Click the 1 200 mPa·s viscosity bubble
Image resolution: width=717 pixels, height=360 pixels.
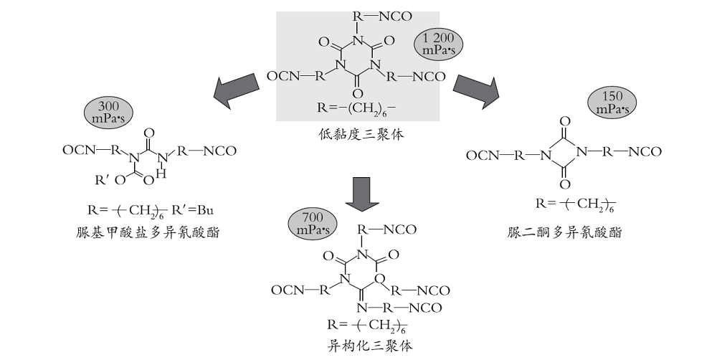coord(438,45)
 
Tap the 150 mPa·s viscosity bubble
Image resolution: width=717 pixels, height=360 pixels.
coord(612,103)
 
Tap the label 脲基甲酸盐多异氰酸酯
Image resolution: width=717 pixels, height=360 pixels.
coord(147,232)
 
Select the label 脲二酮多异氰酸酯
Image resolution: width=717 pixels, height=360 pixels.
coord(564,232)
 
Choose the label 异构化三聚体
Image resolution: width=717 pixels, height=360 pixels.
coord(369,345)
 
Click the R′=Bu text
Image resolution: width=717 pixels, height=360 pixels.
coord(192,210)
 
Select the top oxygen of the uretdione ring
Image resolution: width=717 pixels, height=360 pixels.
coord(565,122)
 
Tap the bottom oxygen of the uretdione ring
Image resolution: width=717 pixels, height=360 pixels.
coord(565,184)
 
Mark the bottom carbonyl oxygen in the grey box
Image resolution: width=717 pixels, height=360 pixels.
coord(358,94)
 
